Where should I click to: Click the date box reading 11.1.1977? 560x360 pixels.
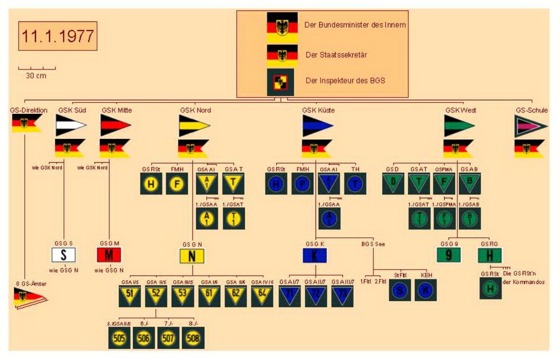(x=58, y=36)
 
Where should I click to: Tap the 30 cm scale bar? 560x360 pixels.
(x=37, y=69)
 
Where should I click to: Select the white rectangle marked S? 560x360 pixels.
(x=64, y=255)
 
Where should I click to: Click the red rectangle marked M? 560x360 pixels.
(x=109, y=255)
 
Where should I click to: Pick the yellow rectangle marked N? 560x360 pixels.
(x=192, y=256)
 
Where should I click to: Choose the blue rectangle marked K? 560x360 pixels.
(x=315, y=256)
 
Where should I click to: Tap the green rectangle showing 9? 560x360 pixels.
(x=449, y=255)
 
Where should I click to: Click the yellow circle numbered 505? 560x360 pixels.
(x=119, y=338)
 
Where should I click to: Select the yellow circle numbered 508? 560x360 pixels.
(x=193, y=338)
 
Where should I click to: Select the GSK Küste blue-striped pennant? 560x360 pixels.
(x=318, y=125)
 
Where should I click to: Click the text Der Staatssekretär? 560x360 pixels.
(x=336, y=55)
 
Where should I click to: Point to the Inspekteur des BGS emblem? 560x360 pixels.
(x=280, y=82)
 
